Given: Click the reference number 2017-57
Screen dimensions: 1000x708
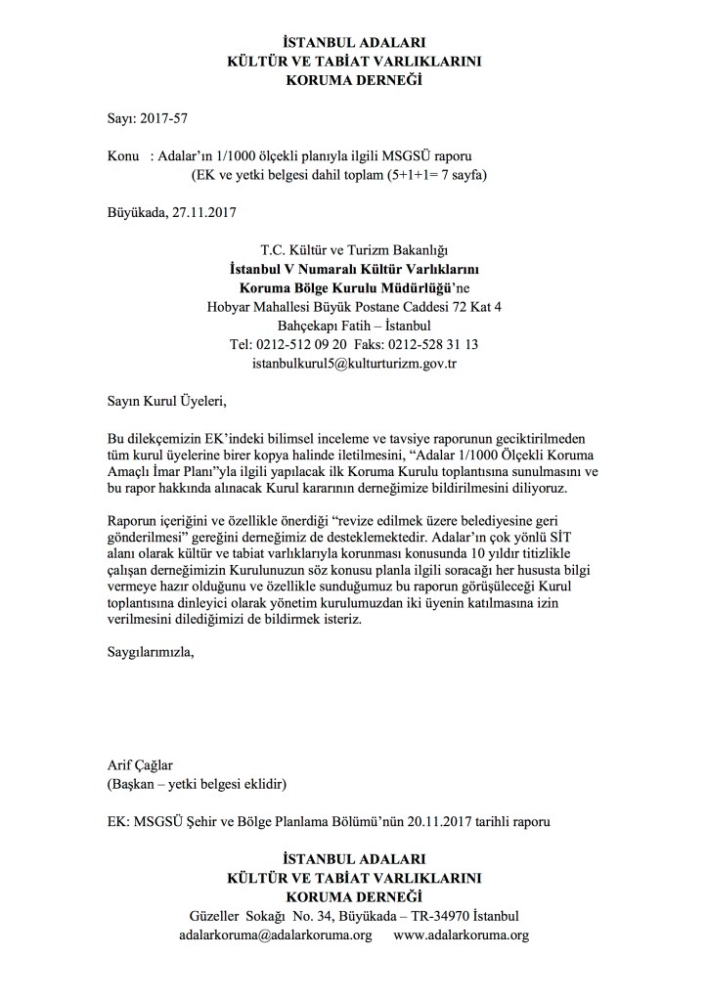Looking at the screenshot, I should [161, 119].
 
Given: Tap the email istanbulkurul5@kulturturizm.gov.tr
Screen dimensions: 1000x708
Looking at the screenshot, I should [354, 363].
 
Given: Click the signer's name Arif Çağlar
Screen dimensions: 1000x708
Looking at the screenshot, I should [143, 764].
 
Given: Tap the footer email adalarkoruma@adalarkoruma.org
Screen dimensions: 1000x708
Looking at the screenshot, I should [276, 935].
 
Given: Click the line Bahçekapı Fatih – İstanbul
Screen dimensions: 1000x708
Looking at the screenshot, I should [354, 326].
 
